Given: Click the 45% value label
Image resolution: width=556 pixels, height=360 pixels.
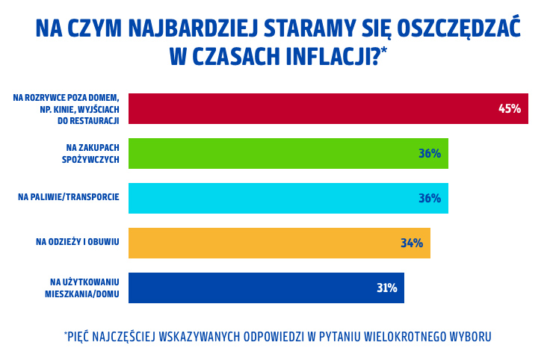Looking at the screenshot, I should pyautogui.click(x=509, y=108).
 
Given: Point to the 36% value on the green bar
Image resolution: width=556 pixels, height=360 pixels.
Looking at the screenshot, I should pyautogui.click(x=429, y=153).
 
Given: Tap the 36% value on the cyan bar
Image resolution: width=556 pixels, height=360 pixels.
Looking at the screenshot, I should pyautogui.click(x=429, y=198).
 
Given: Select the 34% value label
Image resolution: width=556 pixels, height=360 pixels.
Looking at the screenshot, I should pyautogui.click(x=411, y=243).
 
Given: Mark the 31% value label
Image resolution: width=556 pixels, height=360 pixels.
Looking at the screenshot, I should pyautogui.click(x=386, y=288).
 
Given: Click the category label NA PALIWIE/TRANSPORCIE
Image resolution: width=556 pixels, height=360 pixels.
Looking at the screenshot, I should pyautogui.click(x=69, y=197).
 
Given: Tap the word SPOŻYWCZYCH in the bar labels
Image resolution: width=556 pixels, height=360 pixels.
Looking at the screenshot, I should pyautogui.click(x=90, y=159).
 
